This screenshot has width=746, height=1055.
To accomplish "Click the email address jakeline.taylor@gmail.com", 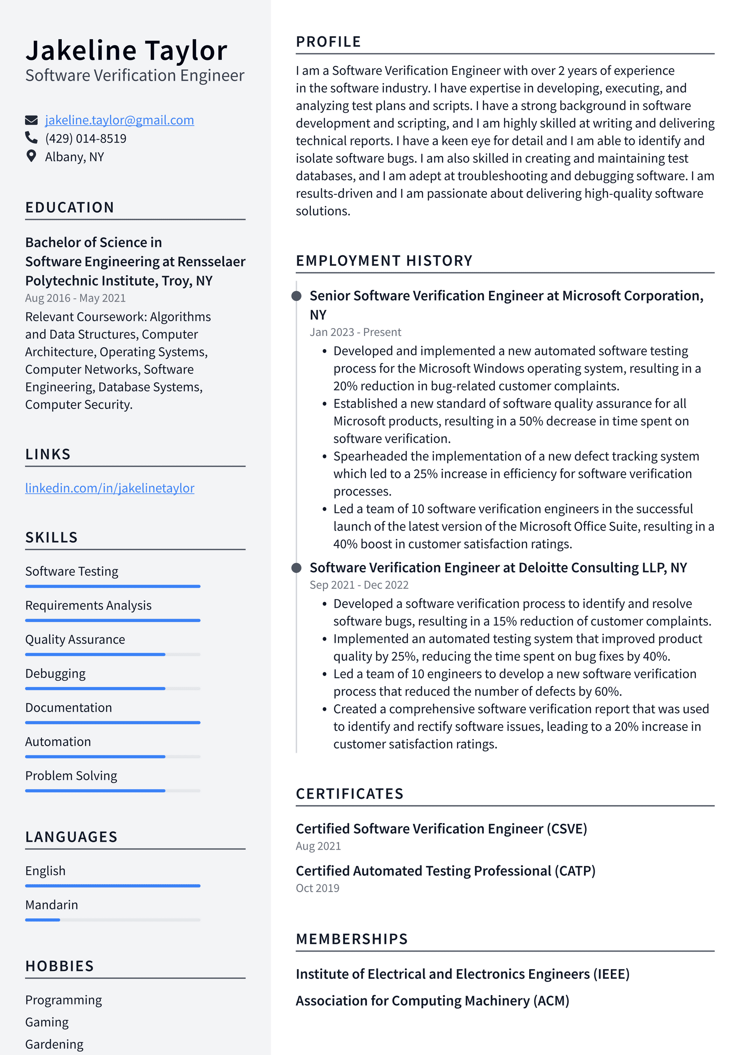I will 119,120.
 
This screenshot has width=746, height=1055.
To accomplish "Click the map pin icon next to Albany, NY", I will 31,156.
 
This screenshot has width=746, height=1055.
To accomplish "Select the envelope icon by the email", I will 31,120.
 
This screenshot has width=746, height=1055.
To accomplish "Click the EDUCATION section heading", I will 70,207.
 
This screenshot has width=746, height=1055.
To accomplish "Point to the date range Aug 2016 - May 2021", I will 75,298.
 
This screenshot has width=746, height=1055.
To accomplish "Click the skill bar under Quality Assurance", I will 113,654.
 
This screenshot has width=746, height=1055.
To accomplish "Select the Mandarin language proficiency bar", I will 113,919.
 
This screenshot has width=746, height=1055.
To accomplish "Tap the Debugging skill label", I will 55,673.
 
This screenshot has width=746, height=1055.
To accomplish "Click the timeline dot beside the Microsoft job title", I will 297,296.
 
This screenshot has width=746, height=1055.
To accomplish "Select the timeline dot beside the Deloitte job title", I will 297,568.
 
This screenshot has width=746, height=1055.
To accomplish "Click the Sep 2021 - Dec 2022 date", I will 359,585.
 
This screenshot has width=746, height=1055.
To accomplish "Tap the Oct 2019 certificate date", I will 317,888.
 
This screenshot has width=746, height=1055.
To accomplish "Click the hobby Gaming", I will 47,1022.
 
